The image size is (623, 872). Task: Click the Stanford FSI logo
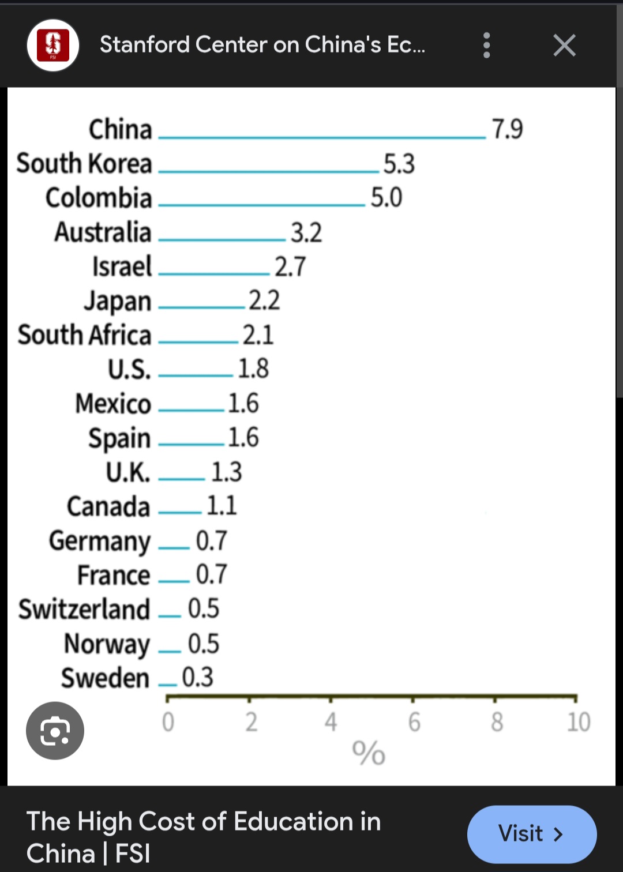coord(53,46)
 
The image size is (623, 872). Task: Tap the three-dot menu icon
coord(487,45)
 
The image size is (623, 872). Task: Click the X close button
coord(564,45)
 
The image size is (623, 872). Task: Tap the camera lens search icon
coord(55,731)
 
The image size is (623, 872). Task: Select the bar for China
coord(322,137)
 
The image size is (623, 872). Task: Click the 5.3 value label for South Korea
coord(399,164)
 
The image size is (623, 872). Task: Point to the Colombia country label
coord(99,198)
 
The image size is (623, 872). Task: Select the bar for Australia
coord(222,239)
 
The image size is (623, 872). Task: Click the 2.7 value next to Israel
coord(290,267)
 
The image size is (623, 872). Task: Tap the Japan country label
coord(118,302)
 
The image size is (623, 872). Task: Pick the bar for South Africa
coord(198,342)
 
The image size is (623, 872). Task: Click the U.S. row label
coord(129,369)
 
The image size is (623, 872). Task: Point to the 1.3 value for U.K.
coord(226,472)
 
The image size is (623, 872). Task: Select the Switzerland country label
coord(84,610)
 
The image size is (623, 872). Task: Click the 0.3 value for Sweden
coord(197,677)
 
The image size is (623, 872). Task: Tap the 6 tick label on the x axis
coord(414,722)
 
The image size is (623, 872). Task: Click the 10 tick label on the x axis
coord(578,722)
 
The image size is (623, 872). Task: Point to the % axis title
coord(369,753)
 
